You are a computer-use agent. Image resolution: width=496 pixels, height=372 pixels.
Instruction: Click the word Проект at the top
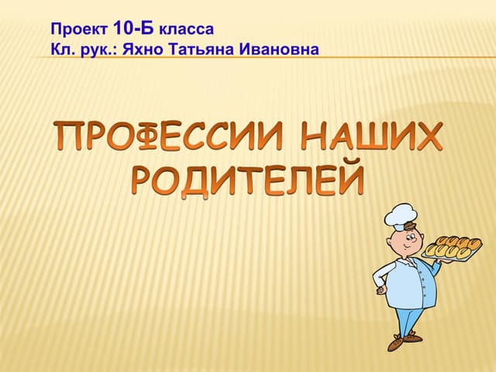[x=79, y=30]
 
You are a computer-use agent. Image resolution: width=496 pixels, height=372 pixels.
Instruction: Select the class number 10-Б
[x=133, y=29]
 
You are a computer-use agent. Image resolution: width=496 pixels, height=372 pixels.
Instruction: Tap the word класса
[x=185, y=30]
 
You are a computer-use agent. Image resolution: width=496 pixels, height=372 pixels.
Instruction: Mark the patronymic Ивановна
[x=281, y=50]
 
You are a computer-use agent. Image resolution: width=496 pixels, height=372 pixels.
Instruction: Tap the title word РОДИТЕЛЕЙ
[x=246, y=178]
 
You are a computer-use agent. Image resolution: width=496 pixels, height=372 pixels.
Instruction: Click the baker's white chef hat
[x=401, y=215]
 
